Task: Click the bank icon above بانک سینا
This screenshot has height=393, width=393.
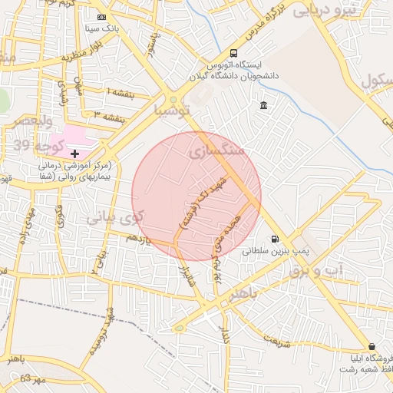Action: (x=102, y=17)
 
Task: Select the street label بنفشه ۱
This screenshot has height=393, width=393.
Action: (x=120, y=92)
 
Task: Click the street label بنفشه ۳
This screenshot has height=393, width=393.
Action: (x=107, y=116)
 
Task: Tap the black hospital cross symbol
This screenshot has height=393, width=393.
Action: (x=74, y=154)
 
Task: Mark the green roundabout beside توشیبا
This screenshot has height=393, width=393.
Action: (x=175, y=99)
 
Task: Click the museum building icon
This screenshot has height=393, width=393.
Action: (x=264, y=105)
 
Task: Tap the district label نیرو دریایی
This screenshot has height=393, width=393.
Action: (x=349, y=11)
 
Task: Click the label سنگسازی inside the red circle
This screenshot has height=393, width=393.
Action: (x=216, y=152)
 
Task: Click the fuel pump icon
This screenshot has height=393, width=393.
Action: (x=275, y=239)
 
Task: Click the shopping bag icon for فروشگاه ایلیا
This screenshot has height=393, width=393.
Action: (x=372, y=346)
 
